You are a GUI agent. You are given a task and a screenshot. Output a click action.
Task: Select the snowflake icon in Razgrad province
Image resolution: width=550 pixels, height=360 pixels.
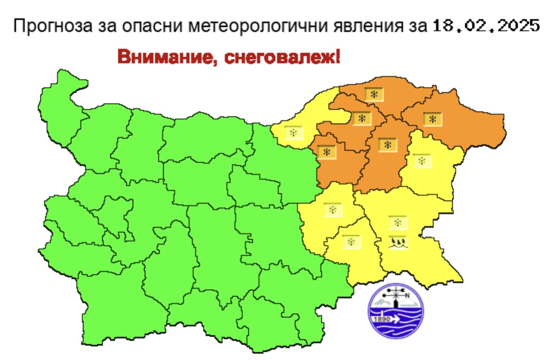click(361, 119)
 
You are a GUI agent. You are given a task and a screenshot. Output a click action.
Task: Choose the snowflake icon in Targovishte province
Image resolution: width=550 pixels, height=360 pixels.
click(327, 152)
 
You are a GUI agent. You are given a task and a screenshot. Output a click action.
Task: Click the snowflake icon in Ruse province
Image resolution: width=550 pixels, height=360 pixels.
click(294, 133)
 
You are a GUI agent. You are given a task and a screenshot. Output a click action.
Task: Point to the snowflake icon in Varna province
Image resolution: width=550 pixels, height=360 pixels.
click(422, 160)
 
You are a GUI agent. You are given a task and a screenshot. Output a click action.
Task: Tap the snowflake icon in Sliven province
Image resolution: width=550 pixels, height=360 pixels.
click(333, 209)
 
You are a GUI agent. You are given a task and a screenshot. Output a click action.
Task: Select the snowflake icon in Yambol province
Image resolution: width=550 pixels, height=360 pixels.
click(351, 242)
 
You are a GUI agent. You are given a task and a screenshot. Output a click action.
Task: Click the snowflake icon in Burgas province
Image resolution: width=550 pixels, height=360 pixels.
click(397, 222)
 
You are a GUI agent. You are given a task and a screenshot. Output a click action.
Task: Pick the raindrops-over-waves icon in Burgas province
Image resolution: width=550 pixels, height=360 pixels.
click(397, 243)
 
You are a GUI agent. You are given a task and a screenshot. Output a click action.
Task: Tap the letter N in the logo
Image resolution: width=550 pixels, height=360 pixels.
click(407, 295)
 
